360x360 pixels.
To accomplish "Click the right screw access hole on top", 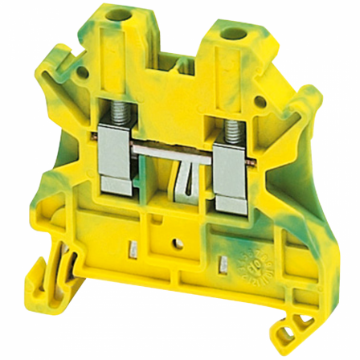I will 239,35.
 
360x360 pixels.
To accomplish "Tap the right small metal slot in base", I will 222,239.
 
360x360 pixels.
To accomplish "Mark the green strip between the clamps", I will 178,129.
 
